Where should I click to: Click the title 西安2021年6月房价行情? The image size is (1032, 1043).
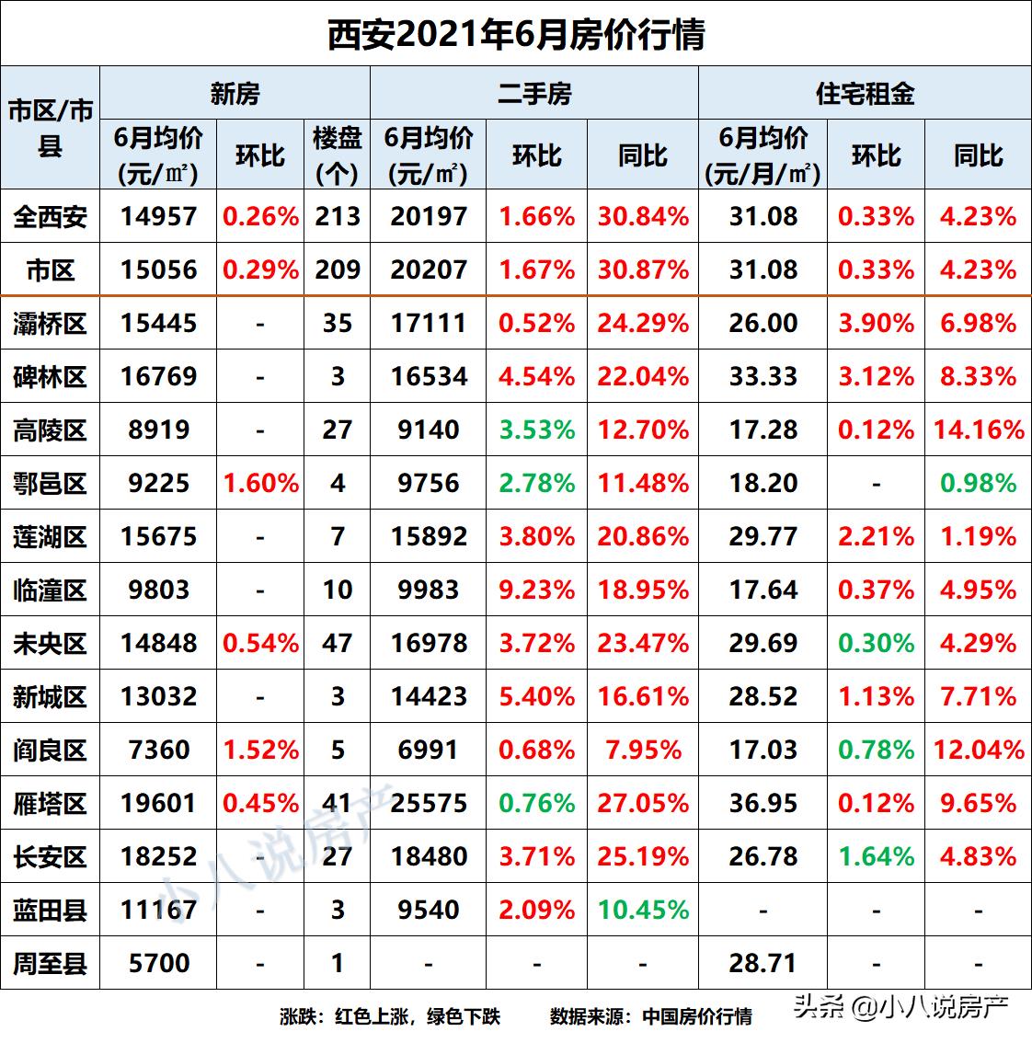click(516, 35)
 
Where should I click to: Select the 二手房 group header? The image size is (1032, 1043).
click(534, 93)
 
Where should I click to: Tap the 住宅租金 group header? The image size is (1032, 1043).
click(865, 93)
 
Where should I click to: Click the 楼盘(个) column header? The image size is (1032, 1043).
click(337, 155)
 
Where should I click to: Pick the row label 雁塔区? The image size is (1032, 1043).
click(50, 804)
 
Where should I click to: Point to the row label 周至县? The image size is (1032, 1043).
click(50, 964)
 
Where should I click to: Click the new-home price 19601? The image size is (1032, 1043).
click(158, 804)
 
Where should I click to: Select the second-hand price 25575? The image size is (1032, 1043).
click(429, 804)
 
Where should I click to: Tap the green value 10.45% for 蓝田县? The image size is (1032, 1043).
click(643, 911)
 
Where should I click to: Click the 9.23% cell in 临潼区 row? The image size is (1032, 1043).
click(536, 590)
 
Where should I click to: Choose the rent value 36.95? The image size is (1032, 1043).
click(763, 804)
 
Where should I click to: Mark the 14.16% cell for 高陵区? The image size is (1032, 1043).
click(979, 430)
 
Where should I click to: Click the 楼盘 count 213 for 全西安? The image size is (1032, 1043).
click(337, 217)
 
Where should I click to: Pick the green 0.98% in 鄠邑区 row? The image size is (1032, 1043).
click(979, 483)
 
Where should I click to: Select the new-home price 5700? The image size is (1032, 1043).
click(158, 964)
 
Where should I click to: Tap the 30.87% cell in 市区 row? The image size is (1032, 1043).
click(643, 270)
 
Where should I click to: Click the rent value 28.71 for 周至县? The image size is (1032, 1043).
click(763, 964)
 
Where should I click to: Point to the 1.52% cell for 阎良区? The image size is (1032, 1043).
click(261, 751)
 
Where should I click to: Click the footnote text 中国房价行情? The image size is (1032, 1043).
click(697, 1016)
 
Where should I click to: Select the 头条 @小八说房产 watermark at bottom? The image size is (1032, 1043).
click(901, 1008)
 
